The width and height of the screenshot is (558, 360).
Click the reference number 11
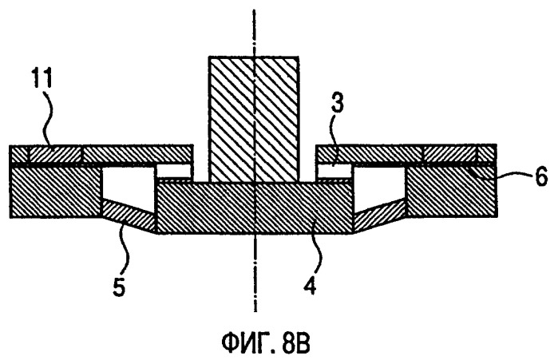pyautogui.click(x=42, y=77)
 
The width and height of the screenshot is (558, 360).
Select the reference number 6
pyautogui.click(x=541, y=177)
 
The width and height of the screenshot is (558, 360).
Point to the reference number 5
pyautogui.click(x=120, y=287)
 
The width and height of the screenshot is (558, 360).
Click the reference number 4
pyautogui.click(x=311, y=285)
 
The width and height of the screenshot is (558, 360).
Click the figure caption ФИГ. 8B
pyautogui.click(x=266, y=342)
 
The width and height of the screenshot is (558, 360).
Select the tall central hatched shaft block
pyautogui.click(x=253, y=119)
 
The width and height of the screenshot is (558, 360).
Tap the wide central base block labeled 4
pyautogui.click(x=255, y=208)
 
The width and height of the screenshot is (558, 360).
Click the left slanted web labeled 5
pyautogui.click(x=129, y=216)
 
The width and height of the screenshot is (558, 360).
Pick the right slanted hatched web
pyautogui.click(x=380, y=216)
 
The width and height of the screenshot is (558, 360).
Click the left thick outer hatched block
pyautogui.click(x=55, y=192)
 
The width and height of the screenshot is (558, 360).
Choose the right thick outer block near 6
pyautogui.click(x=451, y=192)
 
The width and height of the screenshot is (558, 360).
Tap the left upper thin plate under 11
pyautogui.click(x=101, y=154)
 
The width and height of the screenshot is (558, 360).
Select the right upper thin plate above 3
pyautogui.click(x=406, y=154)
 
